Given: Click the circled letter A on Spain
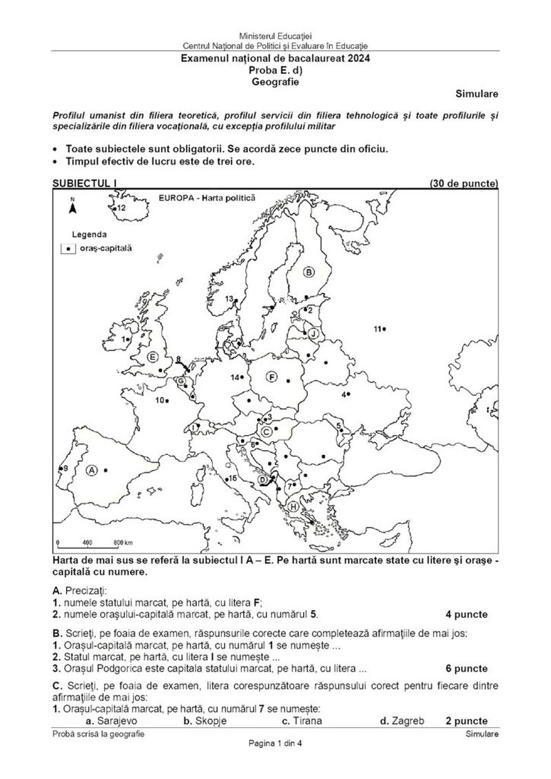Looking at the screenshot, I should pyautogui.click(x=91, y=470).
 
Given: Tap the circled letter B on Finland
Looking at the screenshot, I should pyautogui.click(x=309, y=272).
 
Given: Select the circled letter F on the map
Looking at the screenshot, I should pyautogui.click(x=272, y=377).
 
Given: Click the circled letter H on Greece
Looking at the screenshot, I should pyautogui.click(x=294, y=507).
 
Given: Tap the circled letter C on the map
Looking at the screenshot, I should pyautogui.click(x=266, y=431).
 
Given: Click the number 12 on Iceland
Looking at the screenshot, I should pyautogui.click(x=121, y=207).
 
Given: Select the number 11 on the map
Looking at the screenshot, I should pyautogui.click(x=377, y=329).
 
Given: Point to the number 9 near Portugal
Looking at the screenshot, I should pyautogui.click(x=65, y=469).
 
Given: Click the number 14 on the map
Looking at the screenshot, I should pyautogui.click(x=235, y=377).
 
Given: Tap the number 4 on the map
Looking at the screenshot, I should pyautogui.click(x=344, y=394).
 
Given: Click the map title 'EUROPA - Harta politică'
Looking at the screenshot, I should pyautogui.click(x=206, y=197).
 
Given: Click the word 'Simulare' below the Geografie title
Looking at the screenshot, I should pyautogui.click(x=477, y=93).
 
